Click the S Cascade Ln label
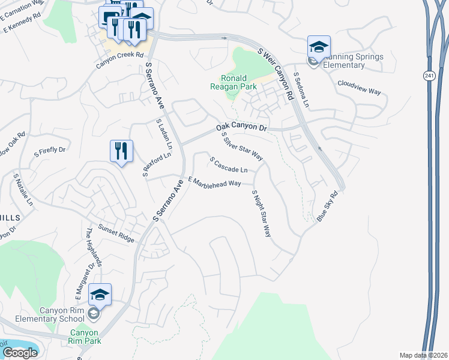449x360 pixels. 228,164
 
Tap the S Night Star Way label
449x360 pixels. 261,213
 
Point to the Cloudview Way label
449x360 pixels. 359,88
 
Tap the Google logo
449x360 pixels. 20,352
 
